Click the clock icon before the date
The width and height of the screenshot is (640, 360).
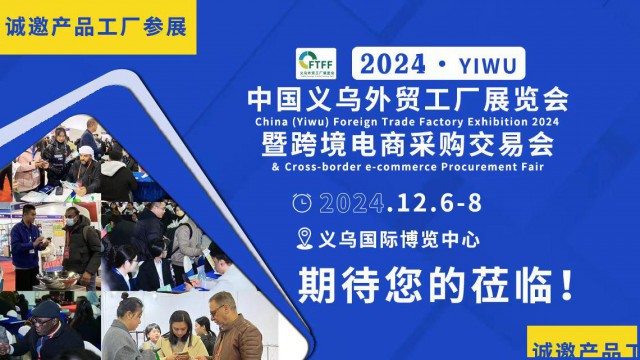pyautogui.click(x=301, y=203)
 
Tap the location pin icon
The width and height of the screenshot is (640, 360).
pyautogui.click(x=306, y=240)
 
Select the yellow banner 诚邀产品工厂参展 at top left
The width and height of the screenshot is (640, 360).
pyautogui.click(x=96, y=26)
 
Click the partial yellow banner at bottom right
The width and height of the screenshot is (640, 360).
pyautogui.click(x=584, y=345)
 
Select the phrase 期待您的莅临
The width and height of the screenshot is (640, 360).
pyautogui.click(x=424, y=284)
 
